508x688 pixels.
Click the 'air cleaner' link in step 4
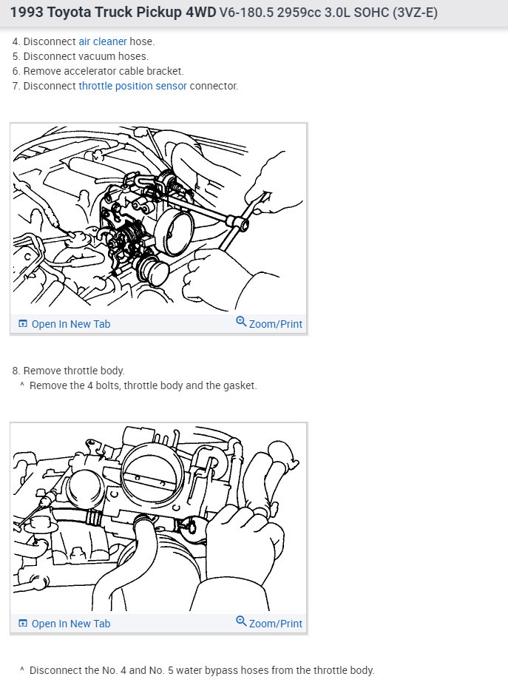click(103, 41)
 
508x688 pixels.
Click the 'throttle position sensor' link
click(132, 86)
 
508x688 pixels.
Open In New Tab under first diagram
click(64, 324)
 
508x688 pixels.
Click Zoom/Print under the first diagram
click(269, 324)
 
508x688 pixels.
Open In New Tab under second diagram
click(64, 624)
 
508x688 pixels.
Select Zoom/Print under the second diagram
click(269, 624)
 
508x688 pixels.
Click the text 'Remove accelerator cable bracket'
click(104, 71)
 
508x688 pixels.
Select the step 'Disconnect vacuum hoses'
click(86, 56)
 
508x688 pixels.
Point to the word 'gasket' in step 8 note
click(238, 385)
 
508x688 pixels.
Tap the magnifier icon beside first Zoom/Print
click(241, 322)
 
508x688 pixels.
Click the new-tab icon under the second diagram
click(22, 624)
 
